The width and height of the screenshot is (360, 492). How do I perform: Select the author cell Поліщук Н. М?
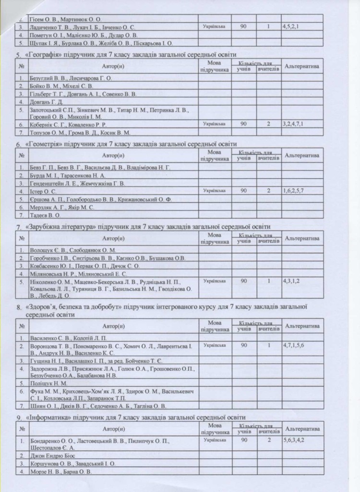pyautogui.click(x=48, y=383)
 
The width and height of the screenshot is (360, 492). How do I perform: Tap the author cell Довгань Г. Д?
pyautogui.click(x=46, y=101)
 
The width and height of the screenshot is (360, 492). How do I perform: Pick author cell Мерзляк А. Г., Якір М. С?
pyautogui.click(x=62, y=208)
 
